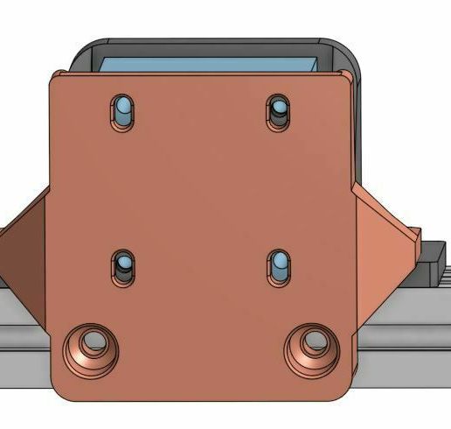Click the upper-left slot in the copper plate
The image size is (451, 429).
pos(123,112)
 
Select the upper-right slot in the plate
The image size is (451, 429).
pos(279,111)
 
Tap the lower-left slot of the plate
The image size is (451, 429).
pos(123,267)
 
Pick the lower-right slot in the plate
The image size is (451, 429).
pos(279,266)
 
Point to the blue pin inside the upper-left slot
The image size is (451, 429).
pos(124,107)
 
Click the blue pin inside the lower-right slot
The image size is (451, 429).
pos(280,263)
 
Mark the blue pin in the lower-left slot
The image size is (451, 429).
pos(124,263)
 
